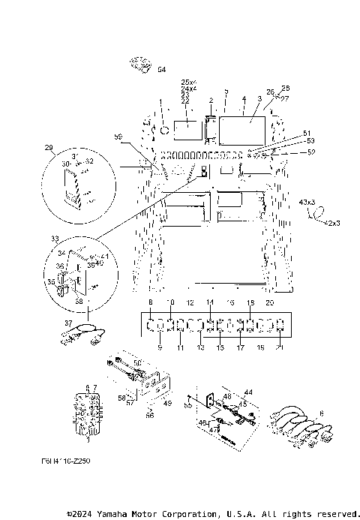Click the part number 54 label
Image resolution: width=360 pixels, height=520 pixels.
pos(161,69)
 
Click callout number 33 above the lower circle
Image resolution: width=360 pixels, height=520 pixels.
pos(54,238)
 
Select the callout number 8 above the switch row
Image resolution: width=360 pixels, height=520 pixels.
pos(151,302)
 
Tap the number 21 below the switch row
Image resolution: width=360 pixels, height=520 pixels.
pos(279,348)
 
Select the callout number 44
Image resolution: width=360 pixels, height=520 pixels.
pos(249,392)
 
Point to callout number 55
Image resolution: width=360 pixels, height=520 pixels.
pos(187,404)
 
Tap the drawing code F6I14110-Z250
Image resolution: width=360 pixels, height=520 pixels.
pos(67,464)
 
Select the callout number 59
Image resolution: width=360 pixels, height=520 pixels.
pos(118,136)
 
